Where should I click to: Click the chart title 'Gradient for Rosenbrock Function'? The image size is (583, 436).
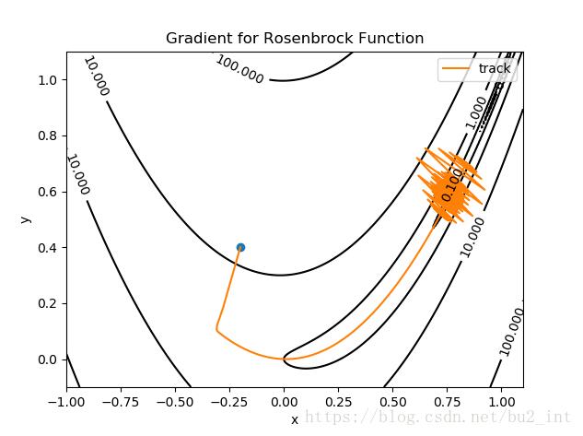295,39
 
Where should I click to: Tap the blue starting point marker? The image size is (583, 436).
240,247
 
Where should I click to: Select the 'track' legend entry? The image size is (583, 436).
480,68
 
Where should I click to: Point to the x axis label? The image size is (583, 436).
295,419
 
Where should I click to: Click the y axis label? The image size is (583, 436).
24,219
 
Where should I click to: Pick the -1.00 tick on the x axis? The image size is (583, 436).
66,402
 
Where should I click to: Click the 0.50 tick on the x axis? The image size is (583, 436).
393,402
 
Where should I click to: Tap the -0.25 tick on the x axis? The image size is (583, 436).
229,402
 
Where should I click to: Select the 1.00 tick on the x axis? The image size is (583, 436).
502,402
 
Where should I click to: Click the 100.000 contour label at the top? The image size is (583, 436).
239,69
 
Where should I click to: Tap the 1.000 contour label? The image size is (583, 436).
477,112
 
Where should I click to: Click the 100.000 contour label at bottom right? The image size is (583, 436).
512,332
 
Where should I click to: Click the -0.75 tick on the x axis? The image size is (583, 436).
121,402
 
